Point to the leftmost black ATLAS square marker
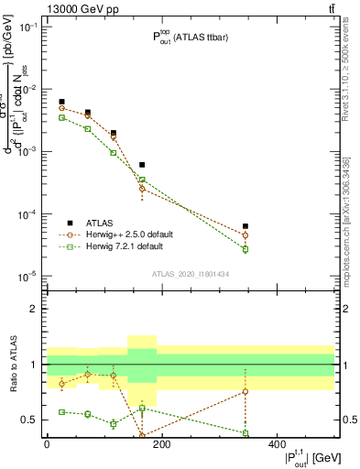(61, 102)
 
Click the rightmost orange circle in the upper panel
(245, 235)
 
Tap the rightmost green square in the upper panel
(245, 249)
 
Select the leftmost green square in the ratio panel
(61, 412)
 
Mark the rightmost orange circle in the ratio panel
(245, 391)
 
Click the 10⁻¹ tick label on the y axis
(28, 27)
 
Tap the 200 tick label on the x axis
(161, 443)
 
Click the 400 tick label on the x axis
(277, 443)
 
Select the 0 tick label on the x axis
(47, 443)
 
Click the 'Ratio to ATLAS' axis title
(13, 364)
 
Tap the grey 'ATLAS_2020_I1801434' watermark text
(191, 274)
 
